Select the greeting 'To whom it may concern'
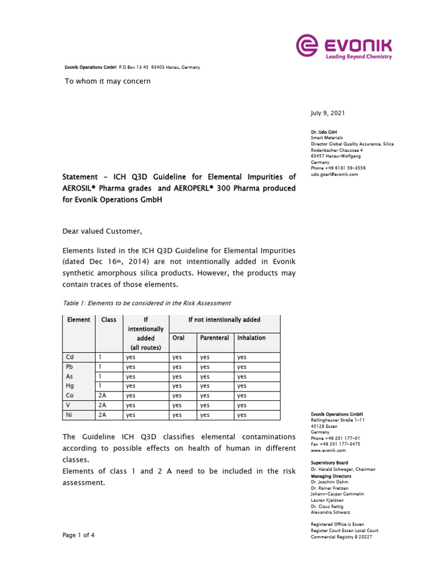click(x=108, y=81)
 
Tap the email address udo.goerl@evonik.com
click(x=334, y=174)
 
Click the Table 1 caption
click(x=146, y=303)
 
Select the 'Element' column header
click(x=79, y=320)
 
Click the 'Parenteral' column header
click(x=215, y=338)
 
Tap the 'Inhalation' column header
click(x=251, y=338)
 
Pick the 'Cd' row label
click(x=70, y=357)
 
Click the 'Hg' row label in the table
click(x=70, y=385)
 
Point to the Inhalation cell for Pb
click(x=241, y=367)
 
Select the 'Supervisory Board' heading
click(x=329, y=463)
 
